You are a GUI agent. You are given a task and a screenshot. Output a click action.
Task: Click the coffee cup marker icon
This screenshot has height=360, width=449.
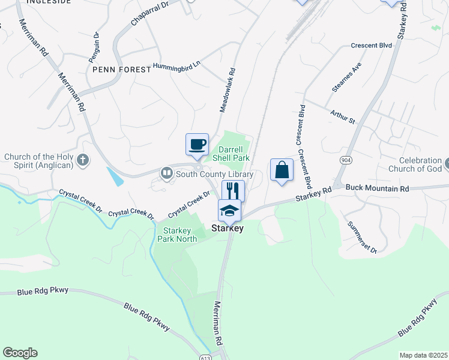click(x=197, y=145)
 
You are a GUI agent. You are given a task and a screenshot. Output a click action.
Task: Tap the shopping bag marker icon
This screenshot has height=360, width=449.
click(x=282, y=170)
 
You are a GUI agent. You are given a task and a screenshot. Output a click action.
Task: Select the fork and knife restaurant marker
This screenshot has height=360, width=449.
click(x=233, y=191)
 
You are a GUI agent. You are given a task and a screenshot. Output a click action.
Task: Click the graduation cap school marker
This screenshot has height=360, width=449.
click(x=229, y=211)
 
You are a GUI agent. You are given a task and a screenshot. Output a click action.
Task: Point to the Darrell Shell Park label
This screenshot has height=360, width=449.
click(x=233, y=153)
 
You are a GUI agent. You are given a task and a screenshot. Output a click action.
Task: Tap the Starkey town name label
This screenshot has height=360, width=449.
click(x=228, y=228)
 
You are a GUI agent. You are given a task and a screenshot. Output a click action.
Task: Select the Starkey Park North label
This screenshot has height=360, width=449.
click(x=177, y=235)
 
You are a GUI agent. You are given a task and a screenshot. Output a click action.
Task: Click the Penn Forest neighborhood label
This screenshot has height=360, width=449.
click(x=122, y=70)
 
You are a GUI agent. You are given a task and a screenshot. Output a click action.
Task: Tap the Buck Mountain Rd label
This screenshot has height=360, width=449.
click(x=377, y=188)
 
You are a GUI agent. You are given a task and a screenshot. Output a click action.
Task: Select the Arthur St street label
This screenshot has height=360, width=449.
click(x=343, y=116)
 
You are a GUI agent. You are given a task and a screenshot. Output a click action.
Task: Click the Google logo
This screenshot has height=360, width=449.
click(x=20, y=353)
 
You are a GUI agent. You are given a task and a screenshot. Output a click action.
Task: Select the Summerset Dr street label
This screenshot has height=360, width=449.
click(x=361, y=237)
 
